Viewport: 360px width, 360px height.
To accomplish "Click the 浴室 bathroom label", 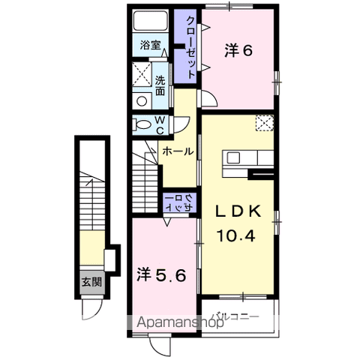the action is coord(150,45).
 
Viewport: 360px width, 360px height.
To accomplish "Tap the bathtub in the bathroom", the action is coord(150,20).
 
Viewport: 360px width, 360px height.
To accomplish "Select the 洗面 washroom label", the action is coord(160,85).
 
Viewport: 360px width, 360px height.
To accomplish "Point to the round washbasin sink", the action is coord(142,101).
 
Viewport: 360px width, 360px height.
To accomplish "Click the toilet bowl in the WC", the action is coord(142,124).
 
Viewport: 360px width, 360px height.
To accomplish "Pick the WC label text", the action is coord(160,125).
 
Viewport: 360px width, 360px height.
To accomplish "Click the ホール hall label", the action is coord(178,151).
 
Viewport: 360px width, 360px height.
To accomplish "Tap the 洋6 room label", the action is coord(238,51).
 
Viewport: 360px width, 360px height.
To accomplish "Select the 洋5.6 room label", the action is coord(161,275).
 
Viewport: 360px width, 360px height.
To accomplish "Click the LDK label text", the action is coord(238,211).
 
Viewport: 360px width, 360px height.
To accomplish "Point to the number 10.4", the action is coord(236,235).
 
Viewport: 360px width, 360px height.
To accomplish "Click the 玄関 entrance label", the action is coord(92,282).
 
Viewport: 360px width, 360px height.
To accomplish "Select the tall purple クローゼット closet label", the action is coord(191,47).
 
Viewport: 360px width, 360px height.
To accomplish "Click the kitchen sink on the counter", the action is coord(233,157).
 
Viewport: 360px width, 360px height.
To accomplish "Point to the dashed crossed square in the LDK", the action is coord(265,123).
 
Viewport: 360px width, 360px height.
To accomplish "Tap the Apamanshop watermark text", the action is coord(180,323).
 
